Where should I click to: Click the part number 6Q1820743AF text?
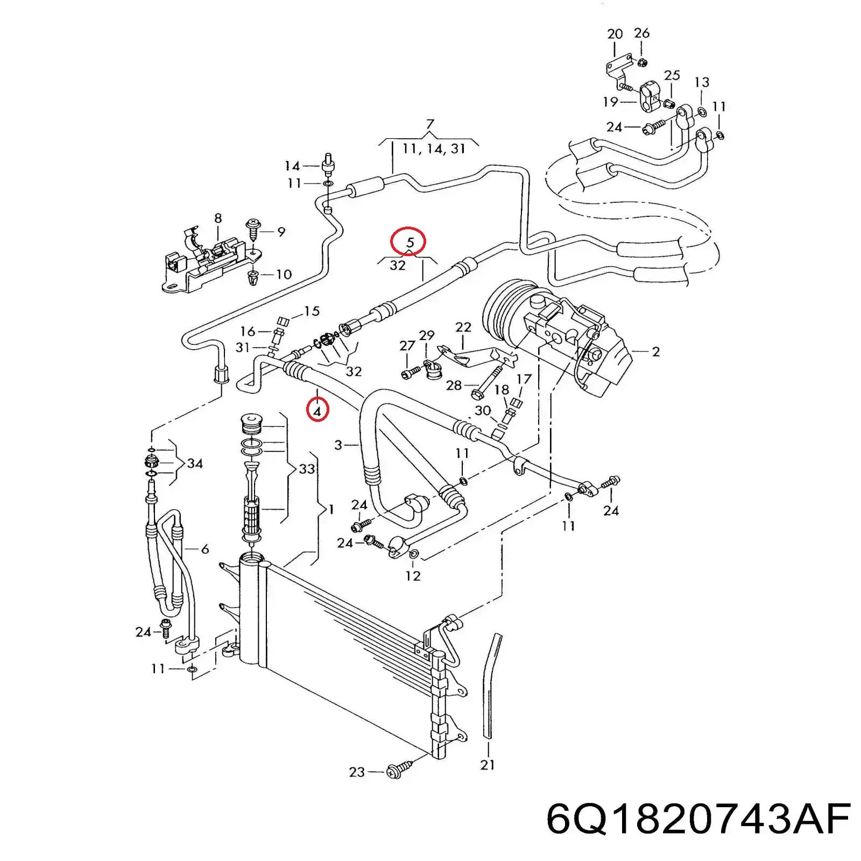click(x=698, y=820)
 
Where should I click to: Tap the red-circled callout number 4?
click(x=317, y=411)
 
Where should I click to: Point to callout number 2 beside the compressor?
click(x=655, y=352)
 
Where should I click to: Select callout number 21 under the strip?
click(x=487, y=764)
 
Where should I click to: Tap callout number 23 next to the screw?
click(x=357, y=772)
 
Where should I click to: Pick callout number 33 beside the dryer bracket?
click(x=306, y=469)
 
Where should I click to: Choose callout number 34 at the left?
click(x=195, y=463)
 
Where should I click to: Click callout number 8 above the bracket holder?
click(x=217, y=218)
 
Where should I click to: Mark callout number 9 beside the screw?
click(x=281, y=232)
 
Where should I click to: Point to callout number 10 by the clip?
click(x=283, y=274)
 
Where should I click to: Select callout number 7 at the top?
click(x=429, y=125)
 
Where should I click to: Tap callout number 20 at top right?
click(x=615, y=34)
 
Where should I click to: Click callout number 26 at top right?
click(x=641, y=33)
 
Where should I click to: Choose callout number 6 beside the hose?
click(x=204, y=549)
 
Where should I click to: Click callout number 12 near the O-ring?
click(x=413, y=576)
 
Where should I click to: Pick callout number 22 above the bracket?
click(x=463, y=327)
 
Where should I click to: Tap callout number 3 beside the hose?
click(x=338, y=445)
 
